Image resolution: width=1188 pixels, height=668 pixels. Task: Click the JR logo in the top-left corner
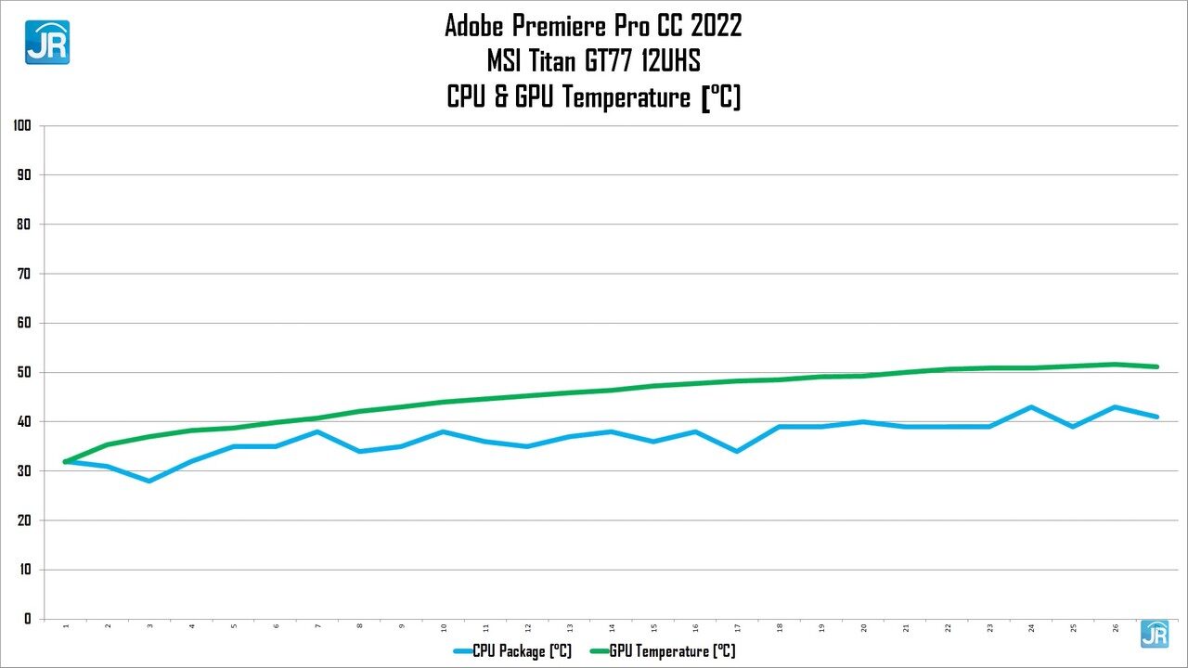46,42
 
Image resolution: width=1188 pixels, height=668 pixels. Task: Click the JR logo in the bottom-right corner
1155,634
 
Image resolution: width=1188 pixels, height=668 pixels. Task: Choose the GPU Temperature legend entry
661,651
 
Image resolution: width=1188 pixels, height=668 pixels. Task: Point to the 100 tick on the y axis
22,125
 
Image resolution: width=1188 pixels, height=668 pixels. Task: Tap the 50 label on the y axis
24,372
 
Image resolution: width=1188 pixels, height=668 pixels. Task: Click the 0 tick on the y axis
28,619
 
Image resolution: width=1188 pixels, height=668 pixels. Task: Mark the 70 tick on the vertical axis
24,274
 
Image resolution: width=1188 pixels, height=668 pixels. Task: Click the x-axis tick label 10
444,628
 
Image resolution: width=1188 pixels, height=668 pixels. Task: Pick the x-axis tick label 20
864,628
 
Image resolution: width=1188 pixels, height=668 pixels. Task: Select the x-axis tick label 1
66,628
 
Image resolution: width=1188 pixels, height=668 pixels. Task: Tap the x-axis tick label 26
1116,628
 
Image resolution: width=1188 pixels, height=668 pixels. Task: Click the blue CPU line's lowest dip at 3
149,481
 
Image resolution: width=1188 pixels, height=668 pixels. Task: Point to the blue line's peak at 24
1031,407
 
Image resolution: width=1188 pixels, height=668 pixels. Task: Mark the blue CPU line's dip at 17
737,451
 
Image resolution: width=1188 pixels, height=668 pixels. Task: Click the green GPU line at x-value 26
1116,365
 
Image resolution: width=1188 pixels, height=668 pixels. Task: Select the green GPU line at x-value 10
444,402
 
